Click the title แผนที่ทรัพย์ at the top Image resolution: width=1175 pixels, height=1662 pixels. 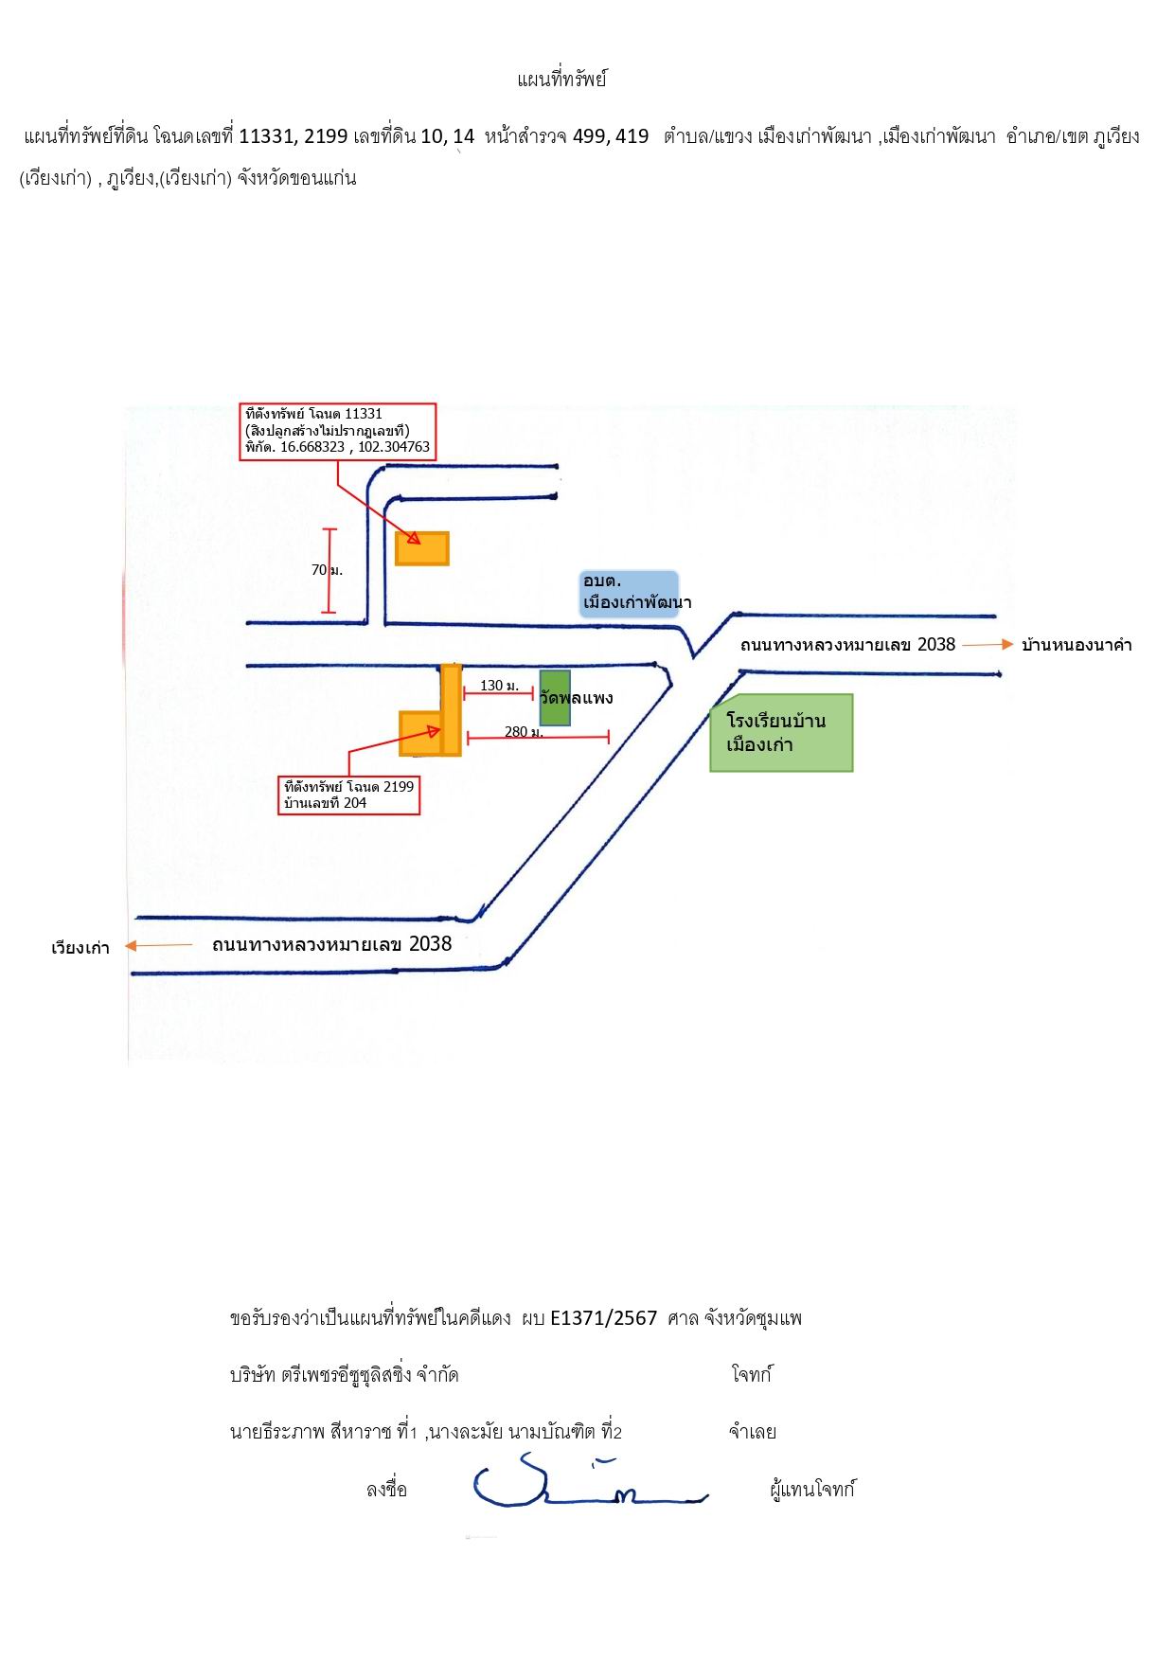[561, 80]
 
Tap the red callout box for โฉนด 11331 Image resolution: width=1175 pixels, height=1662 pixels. [337, 432]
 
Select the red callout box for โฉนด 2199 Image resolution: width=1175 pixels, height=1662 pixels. [348, 795]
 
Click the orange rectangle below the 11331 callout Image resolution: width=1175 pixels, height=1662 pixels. [421, 548]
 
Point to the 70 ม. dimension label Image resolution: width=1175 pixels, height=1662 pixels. [327, 570]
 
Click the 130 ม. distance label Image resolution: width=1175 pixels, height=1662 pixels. [499, 686]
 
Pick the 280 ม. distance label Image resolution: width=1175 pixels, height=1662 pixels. [524, 732]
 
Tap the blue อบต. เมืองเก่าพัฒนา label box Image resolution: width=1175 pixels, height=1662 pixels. [631, 593]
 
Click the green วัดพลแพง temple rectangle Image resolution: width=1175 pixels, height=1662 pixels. [555, 698]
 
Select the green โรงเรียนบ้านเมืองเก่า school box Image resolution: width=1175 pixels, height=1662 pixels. [781, 733]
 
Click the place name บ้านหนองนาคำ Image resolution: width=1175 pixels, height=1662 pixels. [1077, 646]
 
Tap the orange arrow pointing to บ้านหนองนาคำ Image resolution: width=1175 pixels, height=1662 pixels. [988, 645]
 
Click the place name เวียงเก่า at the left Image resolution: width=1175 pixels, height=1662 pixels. [80, 948]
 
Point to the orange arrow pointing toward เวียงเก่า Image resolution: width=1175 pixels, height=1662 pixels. [158, 945]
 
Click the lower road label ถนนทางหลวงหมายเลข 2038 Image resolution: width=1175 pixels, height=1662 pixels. [331, 944]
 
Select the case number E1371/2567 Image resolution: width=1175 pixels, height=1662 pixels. [603, 1318]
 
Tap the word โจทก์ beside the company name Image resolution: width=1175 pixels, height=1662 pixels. [752, 1375]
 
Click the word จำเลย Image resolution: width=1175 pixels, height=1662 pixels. [753, 1432]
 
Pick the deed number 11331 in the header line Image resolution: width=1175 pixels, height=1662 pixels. [267, 136]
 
